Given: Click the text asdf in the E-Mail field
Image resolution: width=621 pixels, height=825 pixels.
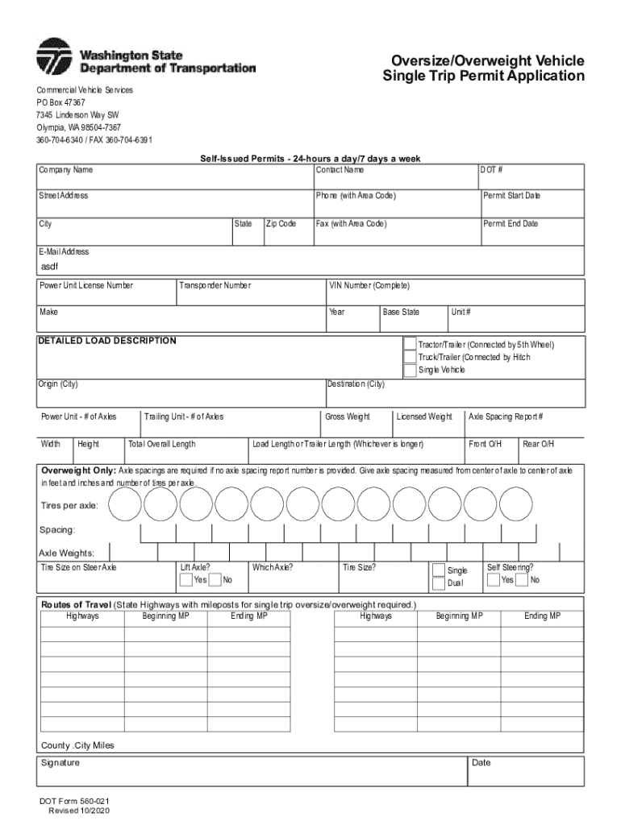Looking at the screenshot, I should point(50,267).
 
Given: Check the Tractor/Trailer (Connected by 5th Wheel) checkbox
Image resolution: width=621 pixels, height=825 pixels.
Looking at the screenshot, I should point(411,344).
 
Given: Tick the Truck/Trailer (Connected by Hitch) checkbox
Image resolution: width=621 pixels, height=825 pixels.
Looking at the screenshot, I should point(411,357).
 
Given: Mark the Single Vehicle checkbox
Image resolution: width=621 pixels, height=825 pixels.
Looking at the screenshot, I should point(411,370).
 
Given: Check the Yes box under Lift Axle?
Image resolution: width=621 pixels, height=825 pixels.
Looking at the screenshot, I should point(186,579).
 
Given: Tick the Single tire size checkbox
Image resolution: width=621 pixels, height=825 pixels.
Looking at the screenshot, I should point(438,570).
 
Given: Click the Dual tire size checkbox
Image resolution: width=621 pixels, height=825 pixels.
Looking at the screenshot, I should point(438,582).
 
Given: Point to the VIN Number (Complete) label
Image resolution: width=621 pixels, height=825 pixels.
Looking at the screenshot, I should point(369,286).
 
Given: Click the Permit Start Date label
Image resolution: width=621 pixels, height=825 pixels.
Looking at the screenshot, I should point(511,196).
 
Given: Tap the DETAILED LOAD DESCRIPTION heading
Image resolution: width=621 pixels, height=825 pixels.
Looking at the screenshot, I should point(107,341).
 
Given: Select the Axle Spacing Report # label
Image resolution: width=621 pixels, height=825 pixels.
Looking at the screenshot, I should point(506,417).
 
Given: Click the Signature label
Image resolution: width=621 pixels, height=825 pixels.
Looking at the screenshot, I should point(60,762).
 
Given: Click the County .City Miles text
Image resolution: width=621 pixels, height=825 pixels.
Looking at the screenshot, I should point(77,745).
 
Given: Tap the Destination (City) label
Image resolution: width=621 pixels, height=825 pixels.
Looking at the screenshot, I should point(356,384).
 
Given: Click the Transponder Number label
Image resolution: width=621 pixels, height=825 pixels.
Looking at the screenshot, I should point(215,286).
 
